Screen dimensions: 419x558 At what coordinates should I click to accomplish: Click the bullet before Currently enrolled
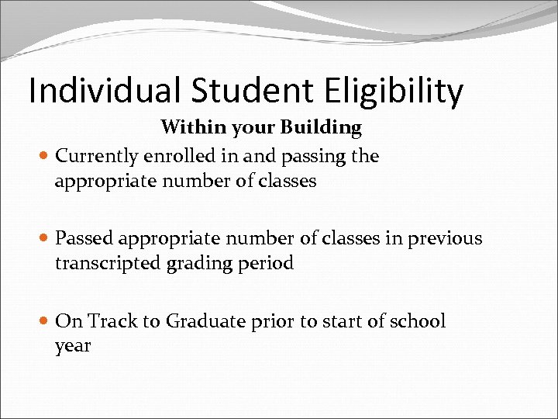[44, 157]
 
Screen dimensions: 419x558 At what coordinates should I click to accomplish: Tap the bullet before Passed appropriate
[44, 239]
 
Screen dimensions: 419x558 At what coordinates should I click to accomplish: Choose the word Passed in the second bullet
[83, 238]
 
